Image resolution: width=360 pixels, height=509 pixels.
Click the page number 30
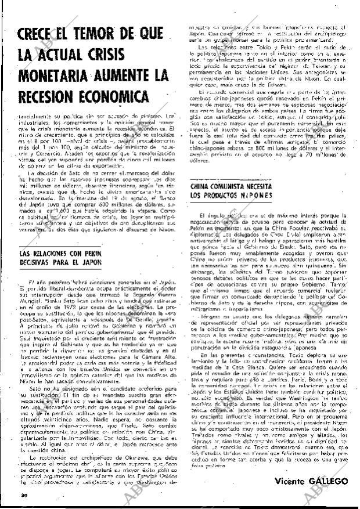tap(23, 496)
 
